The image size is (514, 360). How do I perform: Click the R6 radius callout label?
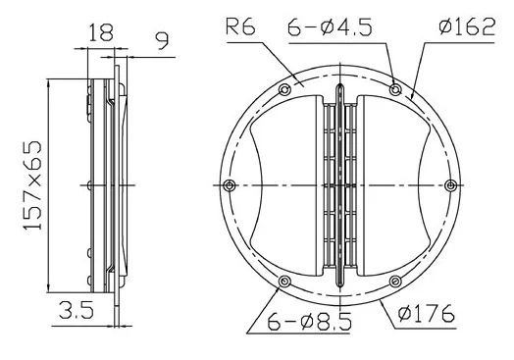(x=240, y=26)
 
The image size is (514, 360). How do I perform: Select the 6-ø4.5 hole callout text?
(x=330, y=26)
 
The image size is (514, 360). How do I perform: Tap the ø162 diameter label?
(x=467, y=26)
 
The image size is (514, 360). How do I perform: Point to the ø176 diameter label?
(x=427, y=314)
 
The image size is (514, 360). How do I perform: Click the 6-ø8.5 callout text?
(x=309, y=321)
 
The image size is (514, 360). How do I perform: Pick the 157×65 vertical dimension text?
(x=32, y=185)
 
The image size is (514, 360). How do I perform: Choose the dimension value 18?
(x=101, y=32)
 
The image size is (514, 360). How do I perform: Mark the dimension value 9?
(x=162, y=40)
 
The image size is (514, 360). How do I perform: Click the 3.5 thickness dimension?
(x=77, y=310)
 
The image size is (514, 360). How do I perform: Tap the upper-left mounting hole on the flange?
(x=284, y=89)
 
